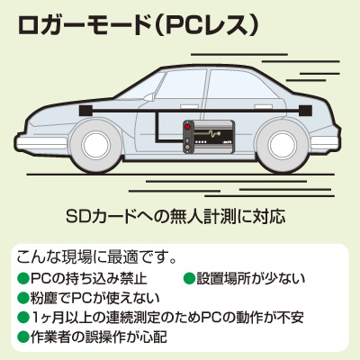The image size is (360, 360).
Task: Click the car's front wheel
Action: (96, 145)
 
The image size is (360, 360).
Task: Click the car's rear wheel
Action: (283, 145)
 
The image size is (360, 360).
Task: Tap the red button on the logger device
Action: (188, 127)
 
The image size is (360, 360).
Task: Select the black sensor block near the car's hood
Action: (85, 111)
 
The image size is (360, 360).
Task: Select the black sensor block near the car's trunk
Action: (305, 111)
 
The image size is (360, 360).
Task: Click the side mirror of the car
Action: (149, 96)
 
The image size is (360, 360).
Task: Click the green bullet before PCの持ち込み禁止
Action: (23, 278)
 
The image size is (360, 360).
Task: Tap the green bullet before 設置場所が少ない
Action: (188, 278)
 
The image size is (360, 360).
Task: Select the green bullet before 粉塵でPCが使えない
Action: (23, 298)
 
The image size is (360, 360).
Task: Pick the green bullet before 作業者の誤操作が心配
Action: (23, 337)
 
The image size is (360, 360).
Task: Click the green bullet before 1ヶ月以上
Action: (23, 317)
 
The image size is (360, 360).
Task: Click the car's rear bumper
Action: (326, 142)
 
